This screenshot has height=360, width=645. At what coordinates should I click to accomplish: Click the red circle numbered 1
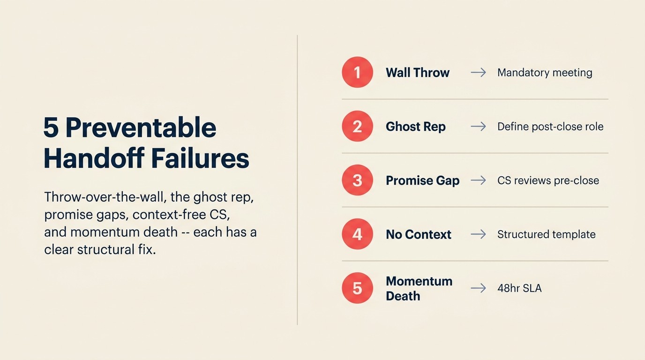pos(357,73)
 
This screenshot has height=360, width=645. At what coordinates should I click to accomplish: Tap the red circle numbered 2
pos(357,127)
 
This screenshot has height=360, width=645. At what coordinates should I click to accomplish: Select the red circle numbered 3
pos(357,180)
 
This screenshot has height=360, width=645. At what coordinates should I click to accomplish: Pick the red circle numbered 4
pos(357,234)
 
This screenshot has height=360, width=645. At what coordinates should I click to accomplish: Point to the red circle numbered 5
pos(357,288)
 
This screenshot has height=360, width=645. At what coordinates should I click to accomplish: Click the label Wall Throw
pos(417,73)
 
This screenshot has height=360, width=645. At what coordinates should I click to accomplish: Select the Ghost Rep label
pos(415,127)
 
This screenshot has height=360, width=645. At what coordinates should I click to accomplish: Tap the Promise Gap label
pos(422,180)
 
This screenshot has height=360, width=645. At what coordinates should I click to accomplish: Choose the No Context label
pos(418,234)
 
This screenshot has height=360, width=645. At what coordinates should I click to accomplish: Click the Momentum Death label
pos(419,288)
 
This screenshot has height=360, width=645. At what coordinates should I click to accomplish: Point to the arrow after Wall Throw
pos(478,73)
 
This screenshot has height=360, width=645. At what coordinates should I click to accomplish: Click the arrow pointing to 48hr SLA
pos(478,288)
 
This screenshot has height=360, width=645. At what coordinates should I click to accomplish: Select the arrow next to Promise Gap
pos(478,180)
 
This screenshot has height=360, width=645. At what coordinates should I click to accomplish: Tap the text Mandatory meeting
pos(545,73)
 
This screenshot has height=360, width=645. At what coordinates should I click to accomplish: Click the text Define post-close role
pos(550,127)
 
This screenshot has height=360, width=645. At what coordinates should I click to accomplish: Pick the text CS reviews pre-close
pos(548,180)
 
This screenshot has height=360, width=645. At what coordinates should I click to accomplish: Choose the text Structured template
pos(546,234)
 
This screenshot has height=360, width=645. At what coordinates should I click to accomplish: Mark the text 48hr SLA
pos(519,288)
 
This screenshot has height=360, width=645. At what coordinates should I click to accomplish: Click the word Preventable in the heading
pos(141,127)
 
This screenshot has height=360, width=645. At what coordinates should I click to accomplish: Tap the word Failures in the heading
pos(198,159)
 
